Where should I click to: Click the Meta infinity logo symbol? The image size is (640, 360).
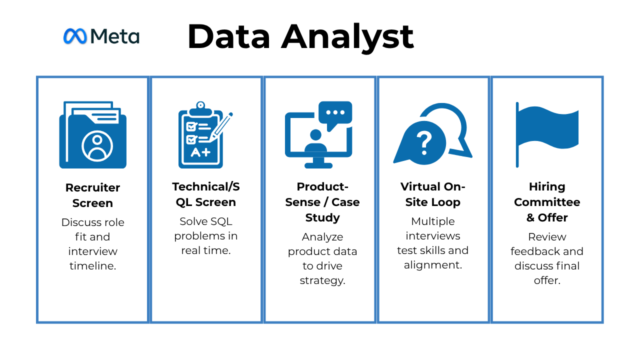[75, 36]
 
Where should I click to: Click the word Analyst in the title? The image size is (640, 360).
[347, 37]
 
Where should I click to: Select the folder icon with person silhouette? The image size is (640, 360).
[93, 135]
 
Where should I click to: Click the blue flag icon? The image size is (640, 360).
[547, 132]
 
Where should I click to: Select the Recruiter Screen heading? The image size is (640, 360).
[92, 195]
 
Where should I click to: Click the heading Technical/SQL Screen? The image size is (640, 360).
[205, 194]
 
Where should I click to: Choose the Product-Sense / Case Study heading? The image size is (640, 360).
[322, 202]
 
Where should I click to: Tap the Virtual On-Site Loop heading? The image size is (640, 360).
[433, 194]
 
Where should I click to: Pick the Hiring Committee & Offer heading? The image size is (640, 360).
[547, 202]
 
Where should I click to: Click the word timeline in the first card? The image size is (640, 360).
[92, 266]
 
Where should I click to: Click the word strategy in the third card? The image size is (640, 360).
[322, 280]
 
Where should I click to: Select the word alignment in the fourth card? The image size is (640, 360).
[433, 265]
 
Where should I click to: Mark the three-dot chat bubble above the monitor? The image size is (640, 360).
[335, 113]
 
